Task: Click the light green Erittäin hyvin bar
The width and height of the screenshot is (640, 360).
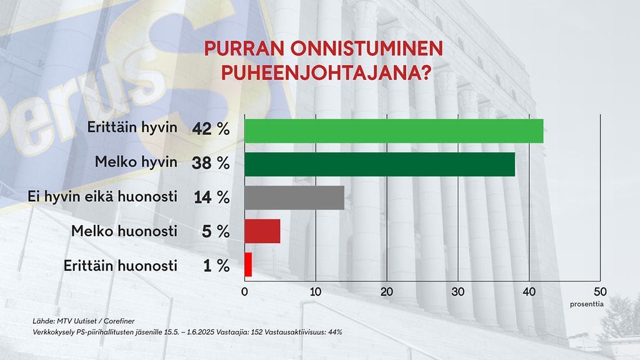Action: pyautogui.click(x=394, y=131)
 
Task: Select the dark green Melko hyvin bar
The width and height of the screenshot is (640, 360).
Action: pyautogui.click(x=379, y=164)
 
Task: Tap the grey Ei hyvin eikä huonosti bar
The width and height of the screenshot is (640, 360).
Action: pyautogui.click(x=294, y=197)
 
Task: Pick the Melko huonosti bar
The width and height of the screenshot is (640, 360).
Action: pyautogui.click(x=262, y=231)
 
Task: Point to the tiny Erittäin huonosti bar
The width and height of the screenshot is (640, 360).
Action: pyautogui.click(x=248, y=265)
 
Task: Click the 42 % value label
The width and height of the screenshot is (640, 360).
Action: pyautogui.click(x=211, y=130)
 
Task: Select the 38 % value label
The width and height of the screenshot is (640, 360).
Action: pyautogui.click(x=211, y=164)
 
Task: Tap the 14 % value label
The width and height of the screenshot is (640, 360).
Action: pyautogui.click(x=211, y=197)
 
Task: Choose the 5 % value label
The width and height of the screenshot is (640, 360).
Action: pyautogui.click(x=216, y=232)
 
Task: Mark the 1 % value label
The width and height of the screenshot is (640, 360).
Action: pyautogui.click(x=216, y=266)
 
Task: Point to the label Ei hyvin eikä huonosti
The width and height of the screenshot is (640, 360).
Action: pyautogui.click(x=103, y=197)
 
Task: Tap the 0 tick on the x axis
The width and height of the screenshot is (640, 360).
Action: pyautogui.click(x=244, y=291)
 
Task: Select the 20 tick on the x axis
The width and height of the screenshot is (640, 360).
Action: pyautogui.click(x=387, y=291)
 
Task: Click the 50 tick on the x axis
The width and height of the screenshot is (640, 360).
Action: pyautogui.click(x=600, y=291)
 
